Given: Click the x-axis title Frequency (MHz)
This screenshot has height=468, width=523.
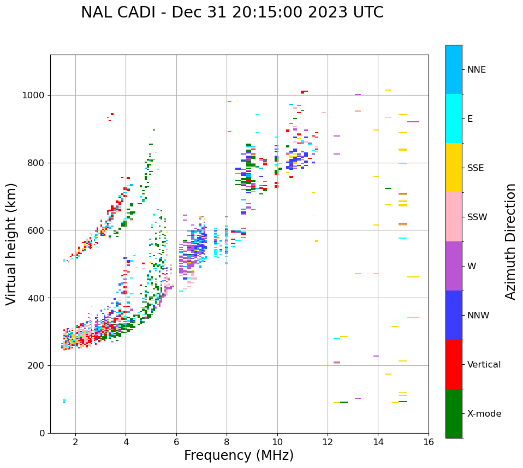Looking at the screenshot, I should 239,455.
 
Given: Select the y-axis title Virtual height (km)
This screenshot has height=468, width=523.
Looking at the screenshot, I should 11,244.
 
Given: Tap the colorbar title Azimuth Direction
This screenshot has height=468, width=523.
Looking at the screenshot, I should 510,241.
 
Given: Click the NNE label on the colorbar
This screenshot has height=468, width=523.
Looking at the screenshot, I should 476,70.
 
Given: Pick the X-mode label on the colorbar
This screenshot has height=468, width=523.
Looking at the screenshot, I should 484,414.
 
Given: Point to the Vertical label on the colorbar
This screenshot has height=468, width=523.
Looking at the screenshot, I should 484,365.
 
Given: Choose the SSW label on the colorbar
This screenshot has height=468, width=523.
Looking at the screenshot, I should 477,217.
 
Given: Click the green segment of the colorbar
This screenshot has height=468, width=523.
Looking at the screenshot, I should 454,413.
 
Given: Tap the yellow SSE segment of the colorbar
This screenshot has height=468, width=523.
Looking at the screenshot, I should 454,168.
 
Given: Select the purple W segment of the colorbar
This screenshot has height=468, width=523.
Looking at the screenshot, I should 454,266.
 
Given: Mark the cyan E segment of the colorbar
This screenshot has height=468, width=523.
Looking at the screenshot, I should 454,119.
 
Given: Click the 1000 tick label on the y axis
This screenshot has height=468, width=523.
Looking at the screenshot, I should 33,96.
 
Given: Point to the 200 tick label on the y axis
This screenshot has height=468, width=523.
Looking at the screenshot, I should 36,365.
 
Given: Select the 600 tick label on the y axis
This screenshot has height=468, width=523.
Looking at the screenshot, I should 36,230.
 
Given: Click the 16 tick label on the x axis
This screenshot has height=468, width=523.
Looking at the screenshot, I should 429,442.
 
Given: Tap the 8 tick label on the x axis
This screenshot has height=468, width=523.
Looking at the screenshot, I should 227,442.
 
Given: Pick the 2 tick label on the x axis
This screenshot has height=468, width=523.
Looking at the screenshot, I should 75,442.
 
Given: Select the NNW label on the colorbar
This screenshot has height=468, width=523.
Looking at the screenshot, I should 478,316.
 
